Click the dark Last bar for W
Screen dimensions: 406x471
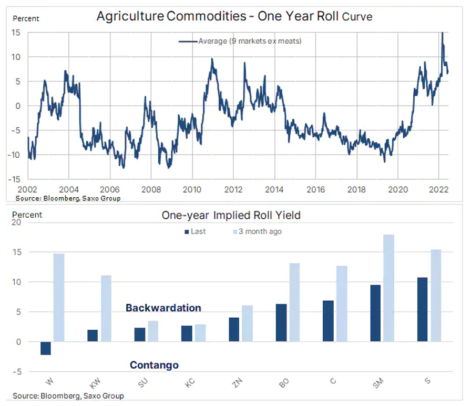click(46, 348)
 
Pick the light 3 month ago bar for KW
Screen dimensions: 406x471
click(107, 309)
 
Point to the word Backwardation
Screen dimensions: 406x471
click(163, 308)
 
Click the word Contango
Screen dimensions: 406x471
click(154, 365)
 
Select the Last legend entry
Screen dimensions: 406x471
click(195, 231)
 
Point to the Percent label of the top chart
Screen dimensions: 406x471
click(26, 18)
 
